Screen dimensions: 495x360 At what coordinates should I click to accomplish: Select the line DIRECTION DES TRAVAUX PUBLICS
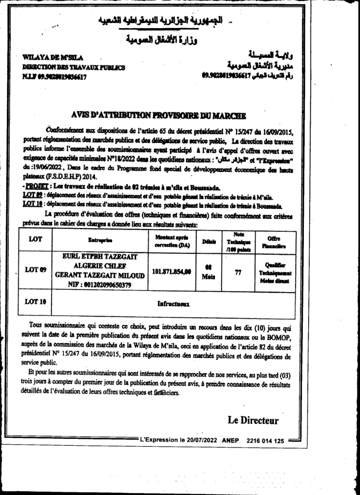[x=74, y=67]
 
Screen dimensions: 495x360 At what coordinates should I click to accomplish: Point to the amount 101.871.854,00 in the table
[x=171, y=271]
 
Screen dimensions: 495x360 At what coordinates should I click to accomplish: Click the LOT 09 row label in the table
[x=35, y=270]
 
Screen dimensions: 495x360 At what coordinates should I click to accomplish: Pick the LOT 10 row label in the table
[x=35, y=302]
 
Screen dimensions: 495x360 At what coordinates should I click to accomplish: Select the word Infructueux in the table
[x=173, y=304]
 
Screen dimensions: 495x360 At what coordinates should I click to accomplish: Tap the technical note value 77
[x=238, y=272]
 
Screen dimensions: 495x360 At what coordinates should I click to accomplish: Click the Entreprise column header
[x=100, y=240]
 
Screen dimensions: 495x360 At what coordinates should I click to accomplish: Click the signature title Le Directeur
[x=253, y=420]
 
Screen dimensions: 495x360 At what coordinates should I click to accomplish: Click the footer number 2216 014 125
[x=265, y=441]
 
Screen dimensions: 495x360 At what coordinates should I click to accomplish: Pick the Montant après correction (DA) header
[x=172, y=241]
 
